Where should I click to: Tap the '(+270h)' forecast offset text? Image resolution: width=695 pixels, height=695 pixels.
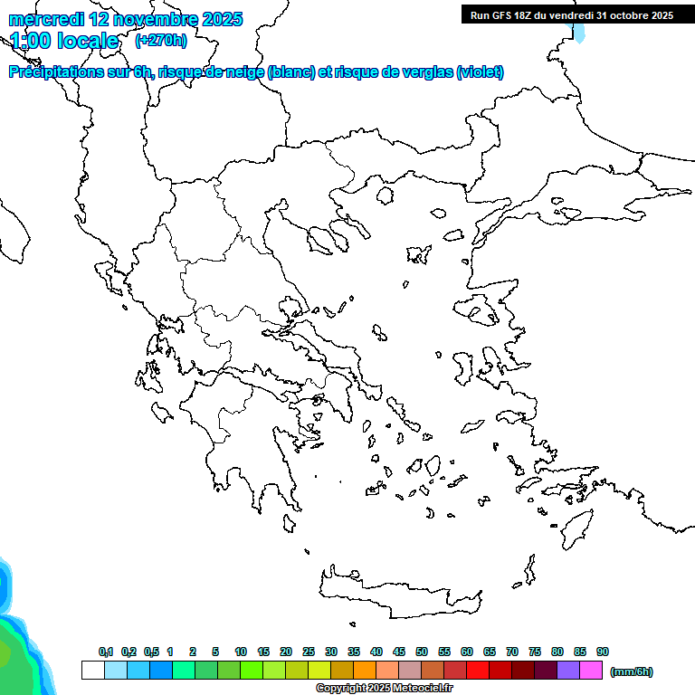coord(161,40)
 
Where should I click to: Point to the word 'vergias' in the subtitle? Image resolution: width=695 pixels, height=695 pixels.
coord(419,72)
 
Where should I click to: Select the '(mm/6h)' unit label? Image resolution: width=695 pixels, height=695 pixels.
coord(632,671)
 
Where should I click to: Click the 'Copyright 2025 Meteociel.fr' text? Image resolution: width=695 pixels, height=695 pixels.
coord(384,689)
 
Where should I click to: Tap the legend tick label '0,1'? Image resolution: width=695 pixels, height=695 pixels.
coord(106,652)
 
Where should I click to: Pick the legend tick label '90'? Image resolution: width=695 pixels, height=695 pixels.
coord(603,652)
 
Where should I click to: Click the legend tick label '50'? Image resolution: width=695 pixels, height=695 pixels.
coord(422,652)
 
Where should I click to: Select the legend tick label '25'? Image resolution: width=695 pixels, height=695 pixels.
coord(309,652)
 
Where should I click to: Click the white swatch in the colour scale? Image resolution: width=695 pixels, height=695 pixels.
coord(92,671)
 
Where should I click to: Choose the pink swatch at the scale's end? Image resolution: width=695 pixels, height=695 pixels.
coord(591,671)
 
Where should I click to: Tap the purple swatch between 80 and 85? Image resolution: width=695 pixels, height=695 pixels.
coord(568,671)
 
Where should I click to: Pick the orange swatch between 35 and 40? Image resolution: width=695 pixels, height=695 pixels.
coord(365,671)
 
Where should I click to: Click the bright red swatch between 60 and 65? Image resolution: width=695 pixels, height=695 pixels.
coord(478,671)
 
